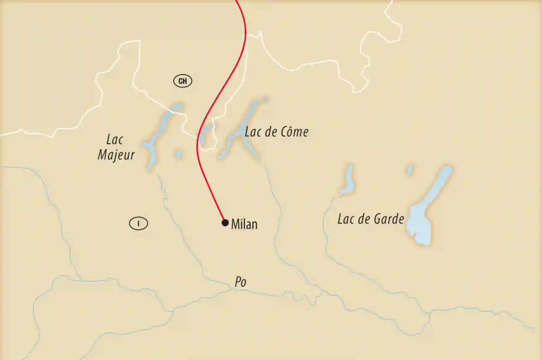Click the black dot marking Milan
(225, 223)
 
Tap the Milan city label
(244, 224)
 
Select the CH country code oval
(183, 81)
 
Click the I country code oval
(139, 224)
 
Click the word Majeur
(116, 155)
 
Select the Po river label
(241, 282)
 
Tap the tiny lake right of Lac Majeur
(179, 154)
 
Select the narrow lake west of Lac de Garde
(349, 181)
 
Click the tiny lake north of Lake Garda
(410, 170)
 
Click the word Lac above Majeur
(115, 140)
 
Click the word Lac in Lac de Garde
(345, 219)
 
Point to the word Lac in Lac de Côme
(253, 132)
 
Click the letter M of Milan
(236, 224)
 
